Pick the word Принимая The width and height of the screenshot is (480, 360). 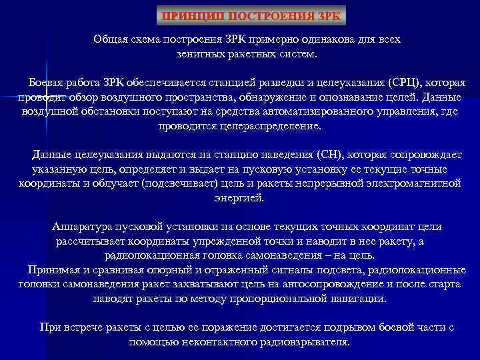pos(53,269)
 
